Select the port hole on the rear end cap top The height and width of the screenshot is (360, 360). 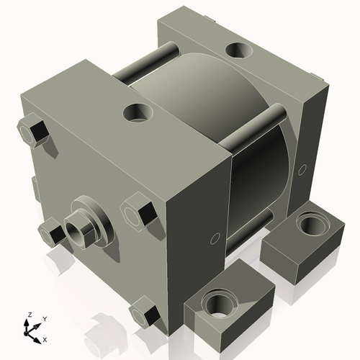(238, 51)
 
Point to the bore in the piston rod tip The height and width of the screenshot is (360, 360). (75, 232)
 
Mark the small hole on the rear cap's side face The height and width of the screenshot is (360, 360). (302, 169)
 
